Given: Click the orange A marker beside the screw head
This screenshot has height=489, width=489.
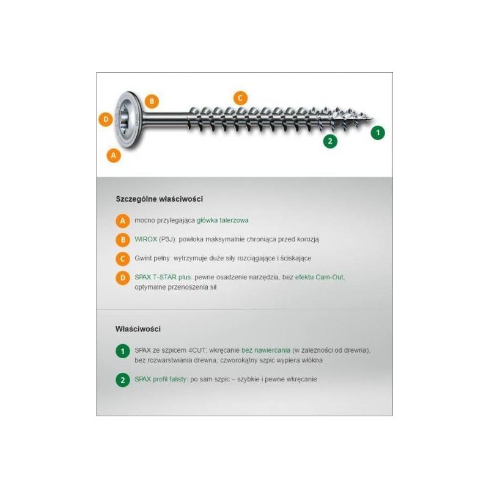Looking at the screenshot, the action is [114, 155].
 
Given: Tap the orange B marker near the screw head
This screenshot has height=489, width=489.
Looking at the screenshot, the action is [152, 101].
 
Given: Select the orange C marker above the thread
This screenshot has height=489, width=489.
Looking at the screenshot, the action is [240, 98].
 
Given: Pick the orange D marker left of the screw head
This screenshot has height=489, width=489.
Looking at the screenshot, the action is [106, 119].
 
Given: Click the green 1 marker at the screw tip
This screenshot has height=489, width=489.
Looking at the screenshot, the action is [378, 133].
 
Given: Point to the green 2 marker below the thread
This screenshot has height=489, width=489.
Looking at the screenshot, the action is [330, 141].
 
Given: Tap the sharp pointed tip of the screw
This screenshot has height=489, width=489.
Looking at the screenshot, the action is [373, 119].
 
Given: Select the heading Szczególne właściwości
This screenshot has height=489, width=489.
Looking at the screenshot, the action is [160, 199].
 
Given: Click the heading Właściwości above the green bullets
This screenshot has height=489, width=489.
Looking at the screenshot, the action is [138, 329].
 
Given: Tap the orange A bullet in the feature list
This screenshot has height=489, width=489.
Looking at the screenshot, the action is [123, 221].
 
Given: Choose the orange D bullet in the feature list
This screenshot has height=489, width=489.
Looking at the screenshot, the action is [123, 278].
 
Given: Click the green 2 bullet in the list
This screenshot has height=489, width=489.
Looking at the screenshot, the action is [123, 380].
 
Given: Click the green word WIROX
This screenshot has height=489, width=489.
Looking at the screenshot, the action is [145, 239].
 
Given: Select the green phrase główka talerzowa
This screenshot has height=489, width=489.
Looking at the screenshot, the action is [222, 220].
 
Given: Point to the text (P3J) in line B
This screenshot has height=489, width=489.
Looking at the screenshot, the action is [167, 239].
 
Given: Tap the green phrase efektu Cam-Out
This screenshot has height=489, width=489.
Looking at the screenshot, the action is [319, 277].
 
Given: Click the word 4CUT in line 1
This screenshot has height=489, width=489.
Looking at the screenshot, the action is [197, 350].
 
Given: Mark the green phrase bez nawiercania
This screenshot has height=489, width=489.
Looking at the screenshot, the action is [266, 350].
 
